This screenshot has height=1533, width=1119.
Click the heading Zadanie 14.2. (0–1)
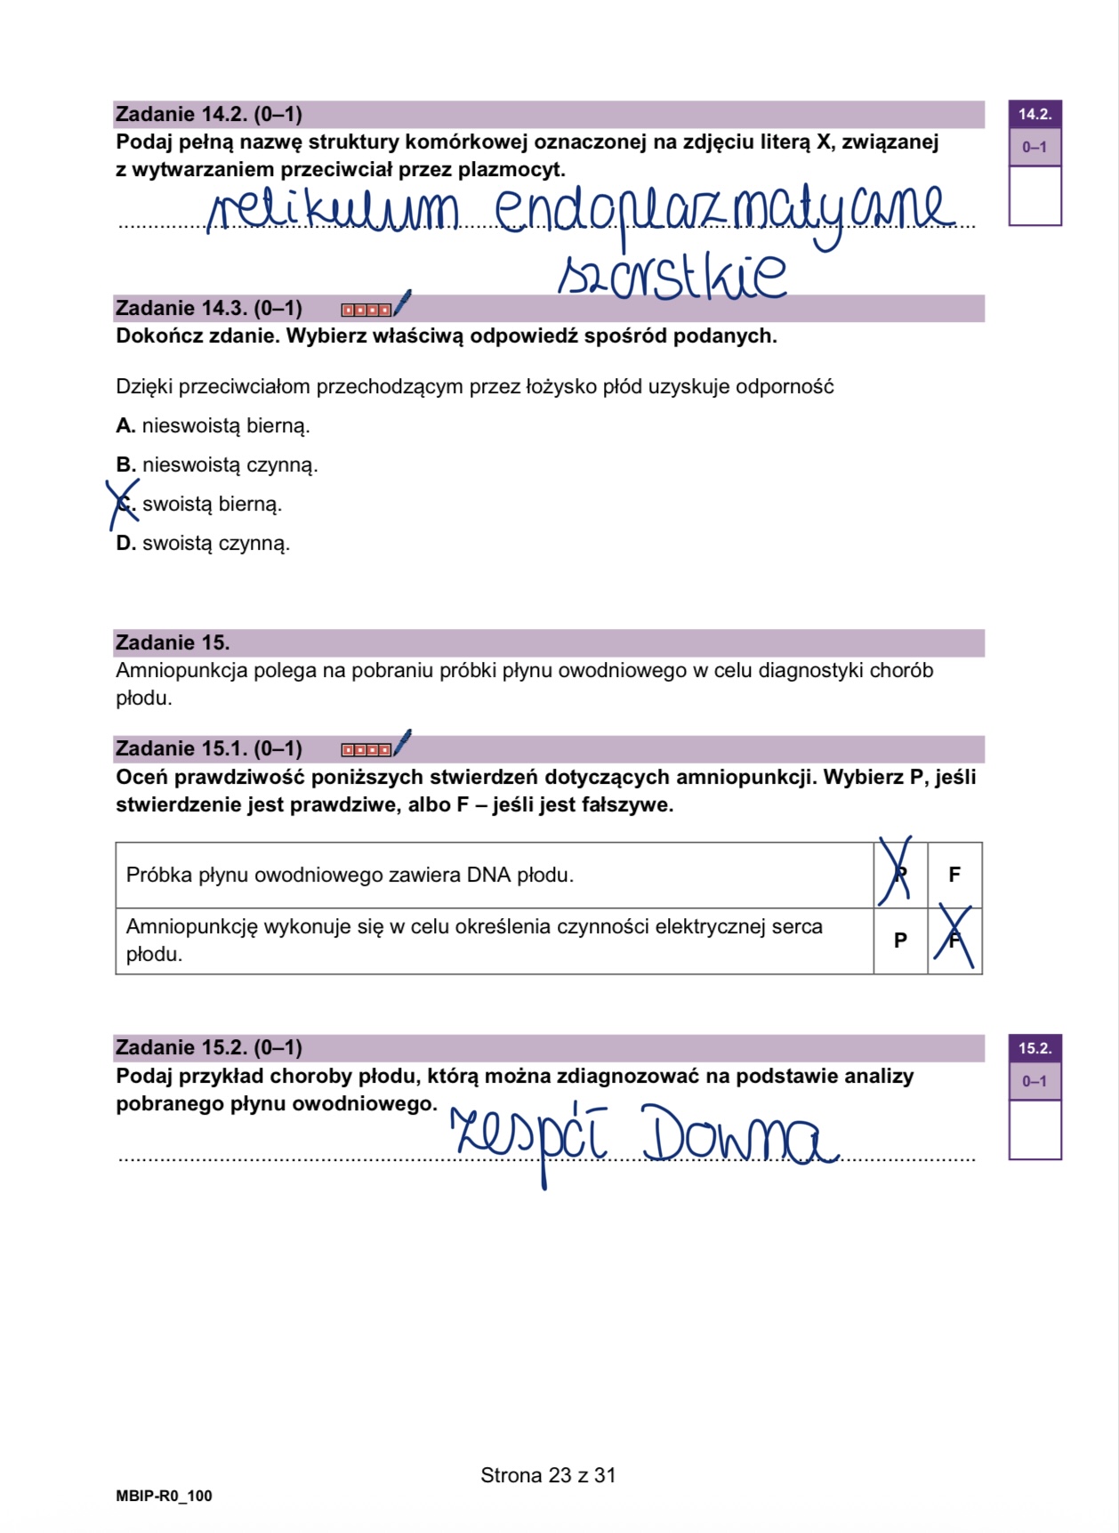[x=209, y=115]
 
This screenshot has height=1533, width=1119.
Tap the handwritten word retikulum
[x=334, y=211]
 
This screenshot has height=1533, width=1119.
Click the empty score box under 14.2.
[x=1034, y=195]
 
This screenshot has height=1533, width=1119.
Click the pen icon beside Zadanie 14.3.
[x=402, y=303]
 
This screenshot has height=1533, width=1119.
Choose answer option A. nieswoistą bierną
[x=213, y=426]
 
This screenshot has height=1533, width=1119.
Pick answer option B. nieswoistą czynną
[x=217, y=465]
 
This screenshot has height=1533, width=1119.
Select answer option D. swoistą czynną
[x=204, y=544]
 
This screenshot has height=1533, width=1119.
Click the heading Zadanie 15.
[x=173, y=643]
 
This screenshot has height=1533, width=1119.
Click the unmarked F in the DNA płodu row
[x=954, y=875]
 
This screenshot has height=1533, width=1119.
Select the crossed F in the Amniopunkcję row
[x=954, y=940]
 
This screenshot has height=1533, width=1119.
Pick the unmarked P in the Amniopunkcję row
[x=900, y=940]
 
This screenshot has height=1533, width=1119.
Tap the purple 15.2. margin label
[x=1034, y=1048]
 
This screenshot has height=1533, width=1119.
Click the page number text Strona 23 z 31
[x=548, y=1475]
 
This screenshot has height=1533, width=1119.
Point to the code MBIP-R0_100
[x=165, y=1497]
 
